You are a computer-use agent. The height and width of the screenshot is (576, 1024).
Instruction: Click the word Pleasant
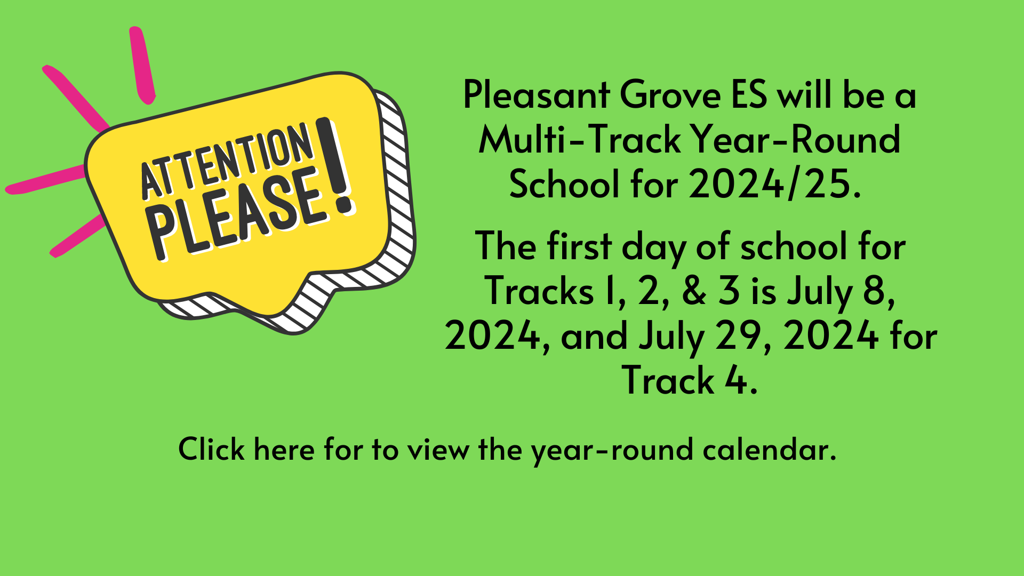[537, 95]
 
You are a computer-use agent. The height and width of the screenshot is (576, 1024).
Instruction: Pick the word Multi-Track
[580, 140]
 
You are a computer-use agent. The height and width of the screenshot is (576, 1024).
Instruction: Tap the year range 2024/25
[774, 185]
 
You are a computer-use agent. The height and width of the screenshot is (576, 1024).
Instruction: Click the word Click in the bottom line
[211, 449]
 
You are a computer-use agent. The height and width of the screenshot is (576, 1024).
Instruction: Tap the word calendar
[770, 449]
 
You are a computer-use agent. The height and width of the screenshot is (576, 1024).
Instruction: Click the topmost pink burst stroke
[142, 65]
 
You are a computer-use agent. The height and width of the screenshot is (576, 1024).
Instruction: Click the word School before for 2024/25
[566, 185]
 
